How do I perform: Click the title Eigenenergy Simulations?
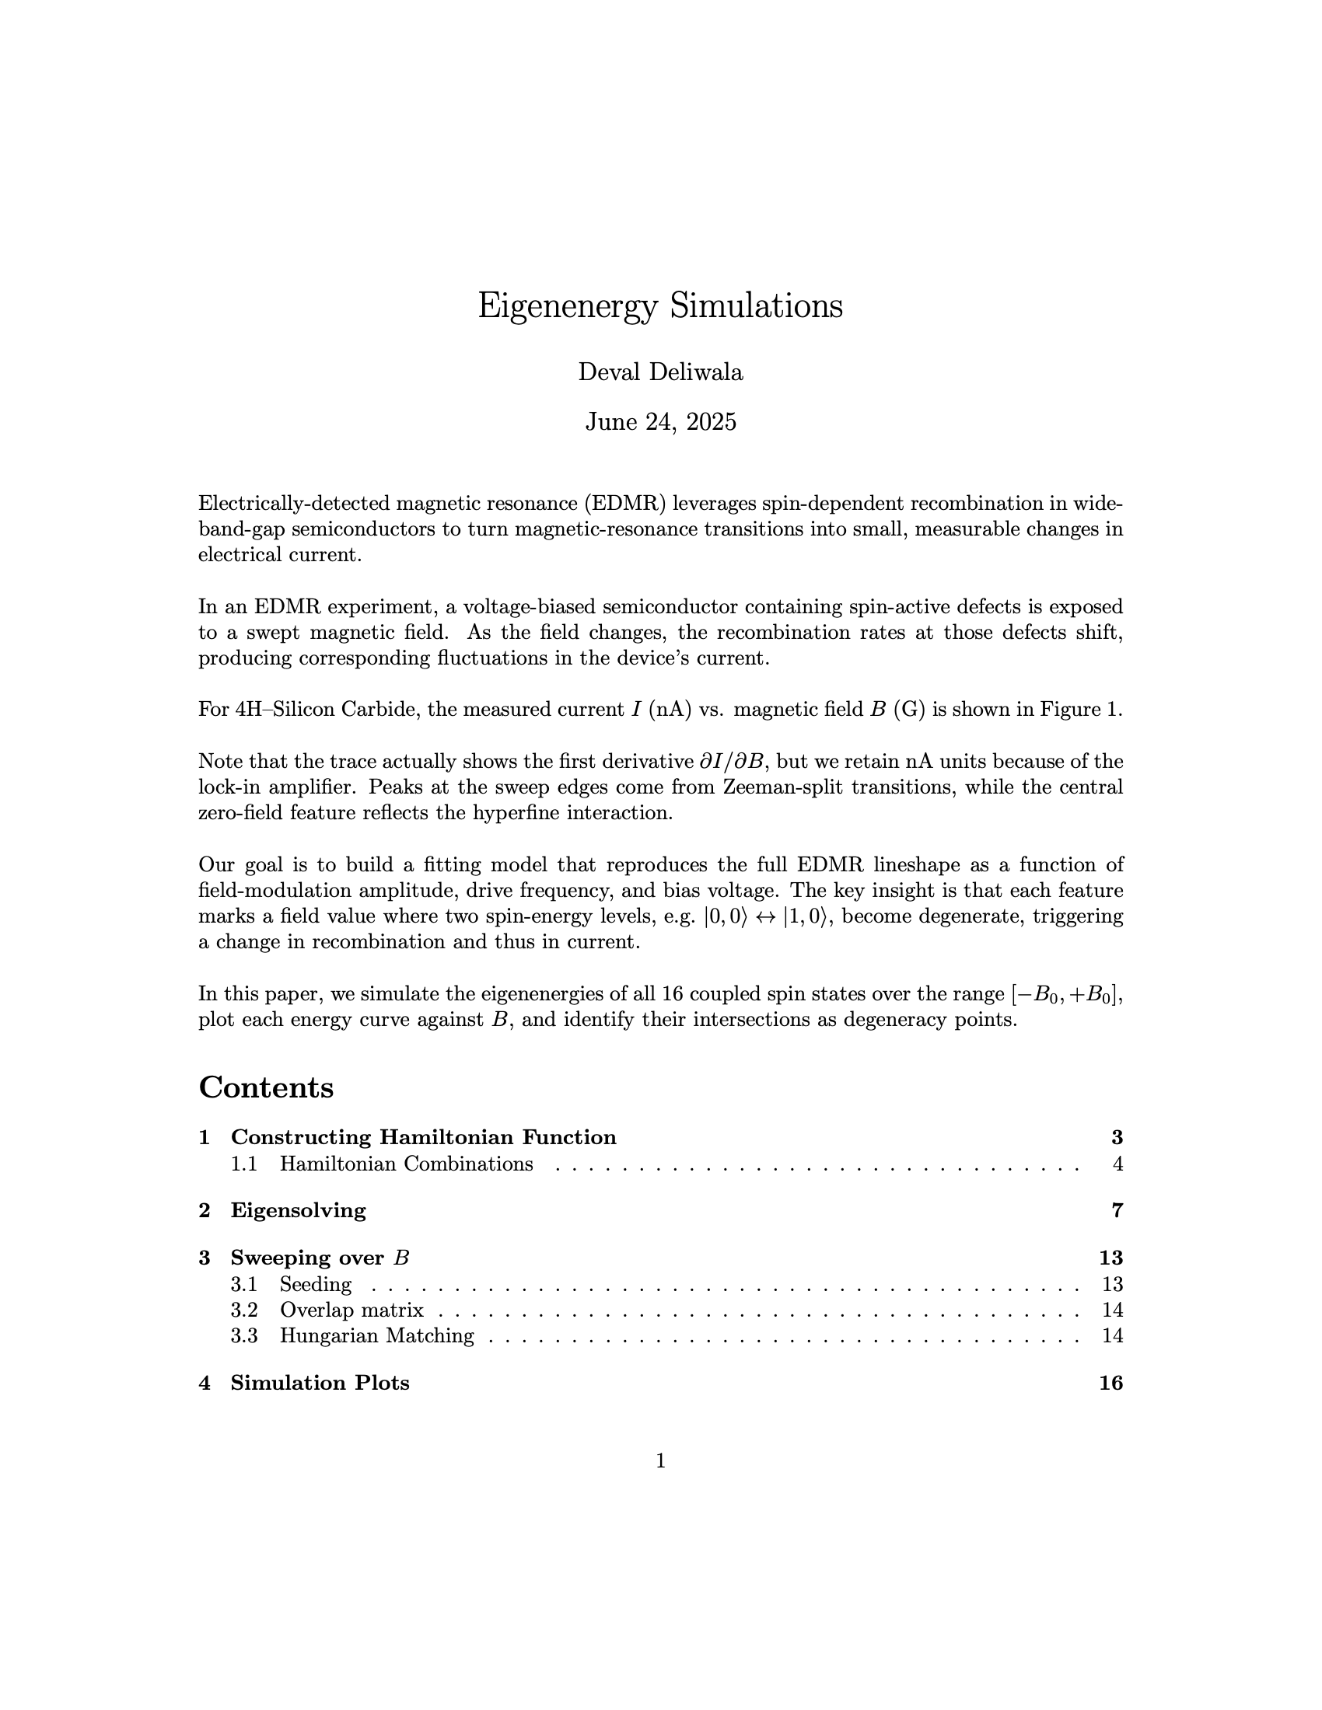pos(660,306)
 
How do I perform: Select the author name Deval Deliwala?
pos(660,372)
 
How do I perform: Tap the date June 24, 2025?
pos(660,423)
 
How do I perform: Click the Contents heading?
pos(266,1087)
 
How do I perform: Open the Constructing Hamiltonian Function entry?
pos(423,1138)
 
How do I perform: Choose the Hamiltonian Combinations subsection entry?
pos(406,1164)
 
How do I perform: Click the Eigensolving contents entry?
pos(298,1211)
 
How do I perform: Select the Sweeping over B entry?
pos(320,1258)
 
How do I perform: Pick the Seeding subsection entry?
pos(316,1285)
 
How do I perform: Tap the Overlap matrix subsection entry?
pos(351,1310)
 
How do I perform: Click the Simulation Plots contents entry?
pos(320,1384)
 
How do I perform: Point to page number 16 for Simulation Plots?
pos(1110,1384)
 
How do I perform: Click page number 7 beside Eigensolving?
pos(1117,1211)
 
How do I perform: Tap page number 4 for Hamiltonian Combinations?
pos(1117,1164)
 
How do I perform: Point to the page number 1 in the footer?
pos(660,1461)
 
